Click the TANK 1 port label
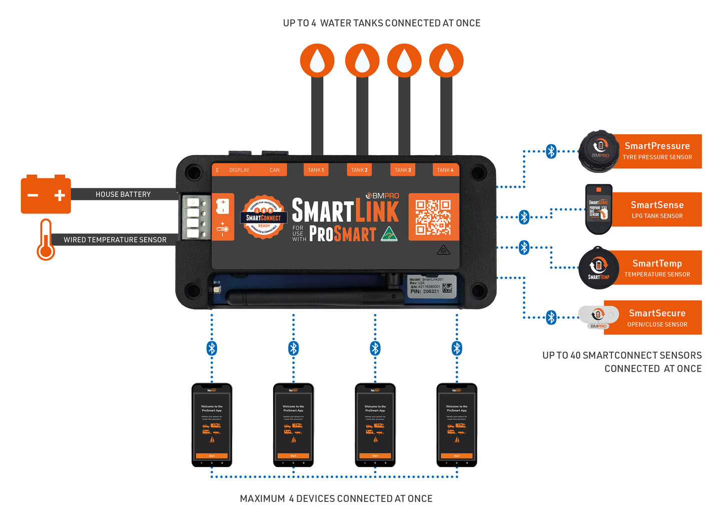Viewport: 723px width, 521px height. point(316,170)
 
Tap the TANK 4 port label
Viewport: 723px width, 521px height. point(445,170)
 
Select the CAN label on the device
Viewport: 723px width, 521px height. point(274,170)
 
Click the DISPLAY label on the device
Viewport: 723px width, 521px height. point(239,170)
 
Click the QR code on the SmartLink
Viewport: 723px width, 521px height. point(433,217)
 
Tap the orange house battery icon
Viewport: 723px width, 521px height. point(46,194)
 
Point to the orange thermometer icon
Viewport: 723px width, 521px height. point(46,240)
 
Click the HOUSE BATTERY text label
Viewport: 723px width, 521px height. point(123,194)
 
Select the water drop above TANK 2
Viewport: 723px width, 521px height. point(362,61)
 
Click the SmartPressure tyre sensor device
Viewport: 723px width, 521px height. point(599,151)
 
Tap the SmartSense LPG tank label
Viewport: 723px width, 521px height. point(656,209)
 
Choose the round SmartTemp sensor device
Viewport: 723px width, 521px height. point(598,268)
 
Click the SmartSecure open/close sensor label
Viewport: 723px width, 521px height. point(657,318)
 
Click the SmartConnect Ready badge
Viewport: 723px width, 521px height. point(264,217)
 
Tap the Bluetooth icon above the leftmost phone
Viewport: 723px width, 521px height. point(212,348)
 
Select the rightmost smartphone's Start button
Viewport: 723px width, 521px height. point(457,456)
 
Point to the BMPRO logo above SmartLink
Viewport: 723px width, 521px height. point(383,196)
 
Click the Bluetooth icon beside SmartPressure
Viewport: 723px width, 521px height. point(551,151)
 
